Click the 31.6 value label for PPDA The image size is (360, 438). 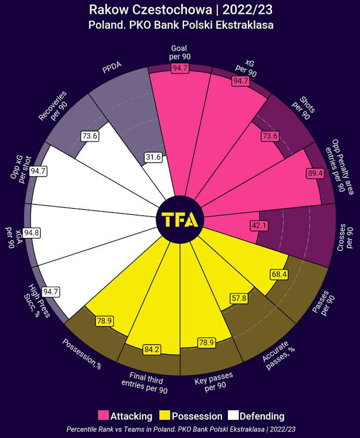click(153, 157)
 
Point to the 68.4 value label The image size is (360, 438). click(279, 275)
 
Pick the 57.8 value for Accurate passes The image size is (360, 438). click(238, 298)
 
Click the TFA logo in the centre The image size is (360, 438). click(179, 220)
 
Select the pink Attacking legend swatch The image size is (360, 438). click(103, 415)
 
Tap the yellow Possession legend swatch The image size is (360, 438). click(165, 415)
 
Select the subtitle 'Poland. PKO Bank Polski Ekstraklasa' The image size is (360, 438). click(180, 25)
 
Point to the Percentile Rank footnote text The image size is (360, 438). click(180, 429)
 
